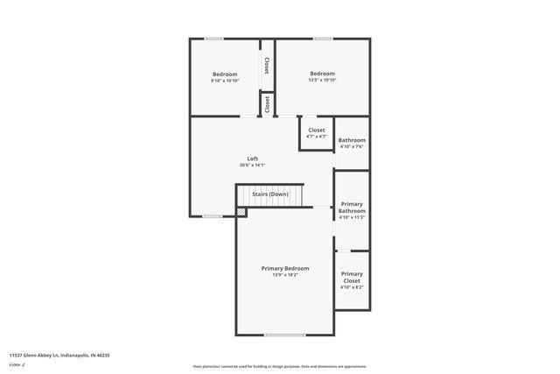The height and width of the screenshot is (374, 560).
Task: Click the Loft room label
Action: click(252, 159)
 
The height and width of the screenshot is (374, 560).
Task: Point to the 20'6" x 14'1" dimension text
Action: click(252, 166)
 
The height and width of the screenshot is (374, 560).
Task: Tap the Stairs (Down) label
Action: click(270, 194)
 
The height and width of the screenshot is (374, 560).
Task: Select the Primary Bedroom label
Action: click(284, 268)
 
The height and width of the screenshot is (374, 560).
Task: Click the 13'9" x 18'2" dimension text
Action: click(284, 275)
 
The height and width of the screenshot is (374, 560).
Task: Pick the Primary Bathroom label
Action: click(352, 208)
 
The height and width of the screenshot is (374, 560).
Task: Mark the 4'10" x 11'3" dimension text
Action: click(352, 217)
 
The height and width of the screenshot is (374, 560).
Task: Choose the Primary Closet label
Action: click(352, 277)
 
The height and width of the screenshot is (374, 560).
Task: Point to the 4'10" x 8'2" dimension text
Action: click(352, 286)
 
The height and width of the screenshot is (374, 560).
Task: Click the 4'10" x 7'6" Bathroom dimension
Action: click(352, 146)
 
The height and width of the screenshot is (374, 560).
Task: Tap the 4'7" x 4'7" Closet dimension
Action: click(316, 137)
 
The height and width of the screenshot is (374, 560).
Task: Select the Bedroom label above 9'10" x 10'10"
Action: click(225, 74)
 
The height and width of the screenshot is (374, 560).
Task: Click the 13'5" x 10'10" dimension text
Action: click(322, 81)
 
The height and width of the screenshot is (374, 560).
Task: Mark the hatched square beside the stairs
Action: click(241, 212)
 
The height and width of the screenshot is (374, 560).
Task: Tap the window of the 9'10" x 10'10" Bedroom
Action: click(213, 39)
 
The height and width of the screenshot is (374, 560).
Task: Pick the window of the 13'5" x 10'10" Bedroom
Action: click(323, 39)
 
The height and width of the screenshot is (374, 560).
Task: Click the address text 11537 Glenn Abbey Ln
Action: click(59, 356)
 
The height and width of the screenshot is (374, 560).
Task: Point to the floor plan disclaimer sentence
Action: click(279, 366)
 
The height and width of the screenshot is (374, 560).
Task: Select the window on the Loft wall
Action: click(211, 216)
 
